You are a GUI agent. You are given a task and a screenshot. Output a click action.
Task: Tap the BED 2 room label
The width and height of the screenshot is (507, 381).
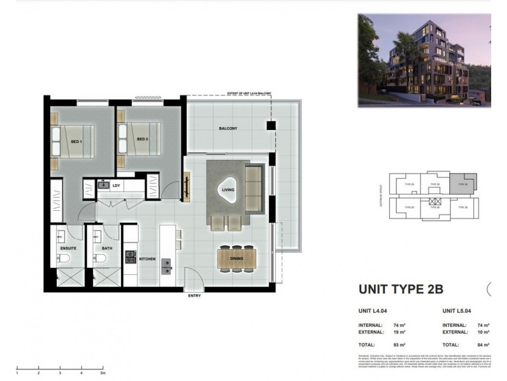[x=141, y=140]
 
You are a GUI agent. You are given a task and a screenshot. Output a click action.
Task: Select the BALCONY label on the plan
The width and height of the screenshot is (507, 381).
[x=228, y=129]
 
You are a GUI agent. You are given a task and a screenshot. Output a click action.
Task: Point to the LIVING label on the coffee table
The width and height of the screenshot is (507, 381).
[x=228, y=189]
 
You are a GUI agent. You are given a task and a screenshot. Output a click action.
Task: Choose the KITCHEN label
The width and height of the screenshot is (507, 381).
[x=148, y=259]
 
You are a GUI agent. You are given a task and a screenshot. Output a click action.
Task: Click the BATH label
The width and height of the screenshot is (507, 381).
[x=106, y=248]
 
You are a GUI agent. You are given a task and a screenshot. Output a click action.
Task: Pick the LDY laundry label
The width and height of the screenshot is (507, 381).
[x=116, y=185]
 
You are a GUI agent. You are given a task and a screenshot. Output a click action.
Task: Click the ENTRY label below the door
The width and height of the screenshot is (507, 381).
[x=195, y=296]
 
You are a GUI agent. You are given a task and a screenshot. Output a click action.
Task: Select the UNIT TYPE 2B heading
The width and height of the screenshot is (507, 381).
[x=401, y=290]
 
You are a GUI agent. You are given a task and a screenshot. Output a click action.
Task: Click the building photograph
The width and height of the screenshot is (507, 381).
[x=423, y=60]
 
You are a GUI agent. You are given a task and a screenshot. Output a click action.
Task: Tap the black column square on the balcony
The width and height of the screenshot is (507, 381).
[x=271, y=126]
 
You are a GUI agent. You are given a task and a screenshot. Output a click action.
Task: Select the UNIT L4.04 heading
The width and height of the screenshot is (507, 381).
[x=374, y=312]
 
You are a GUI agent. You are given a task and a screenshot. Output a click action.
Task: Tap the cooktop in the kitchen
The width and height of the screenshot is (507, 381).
[x=131, y=257]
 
